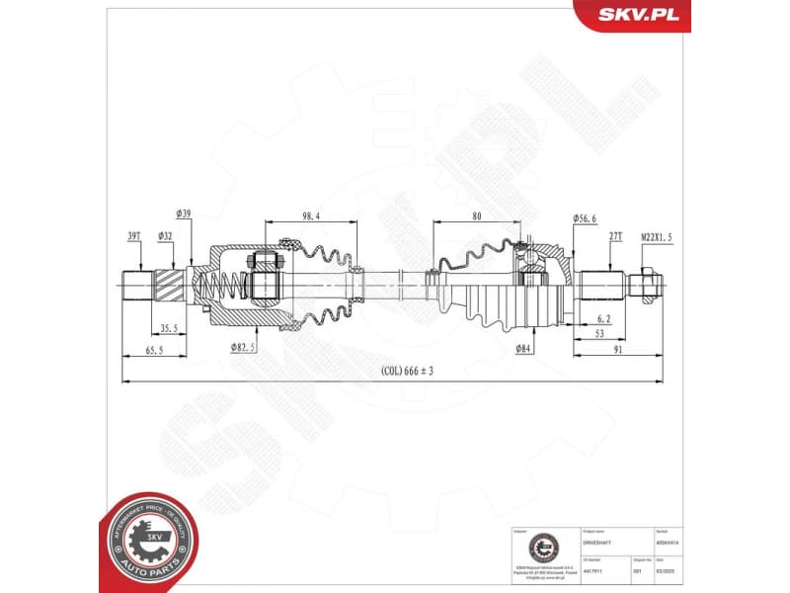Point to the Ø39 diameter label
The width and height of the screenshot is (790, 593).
[184, 213]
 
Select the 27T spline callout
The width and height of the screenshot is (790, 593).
[614, 236]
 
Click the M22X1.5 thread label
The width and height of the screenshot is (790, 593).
[656, 236]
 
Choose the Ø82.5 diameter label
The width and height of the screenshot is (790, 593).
[244, 347]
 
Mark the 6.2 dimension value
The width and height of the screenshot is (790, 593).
[602, 318]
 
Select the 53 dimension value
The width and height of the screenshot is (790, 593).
[599, 335]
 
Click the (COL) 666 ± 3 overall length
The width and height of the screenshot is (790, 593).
[407, 372]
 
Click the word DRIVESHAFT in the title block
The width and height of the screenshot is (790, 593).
[599, 543]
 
